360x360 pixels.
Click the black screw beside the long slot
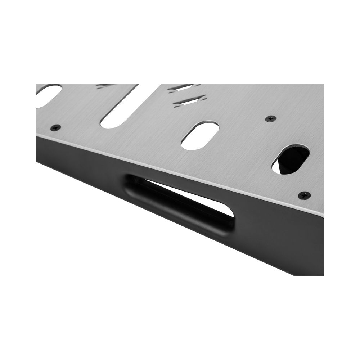click(55, 127)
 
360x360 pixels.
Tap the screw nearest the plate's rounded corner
click(304, 195)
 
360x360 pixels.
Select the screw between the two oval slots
click(271, 118)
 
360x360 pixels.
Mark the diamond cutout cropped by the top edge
click(104, 86)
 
